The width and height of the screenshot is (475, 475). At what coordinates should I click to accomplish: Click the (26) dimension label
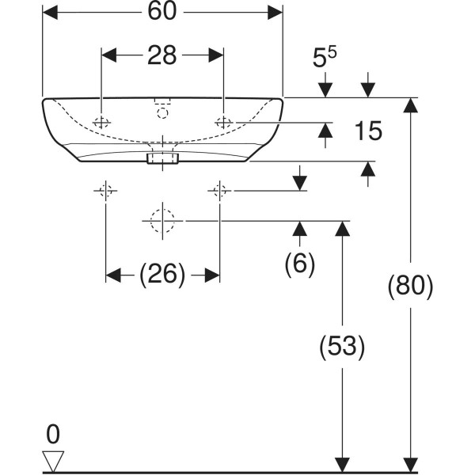[162, 275]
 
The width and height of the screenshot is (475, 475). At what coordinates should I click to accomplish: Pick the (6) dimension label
[300, 264]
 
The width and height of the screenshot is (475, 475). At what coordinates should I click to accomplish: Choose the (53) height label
[342, 346]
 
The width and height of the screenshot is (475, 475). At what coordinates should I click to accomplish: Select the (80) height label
[410, 286]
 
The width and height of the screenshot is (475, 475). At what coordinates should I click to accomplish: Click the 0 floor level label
[53, 434]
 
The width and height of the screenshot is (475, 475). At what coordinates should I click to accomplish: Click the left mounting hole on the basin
[101, 122]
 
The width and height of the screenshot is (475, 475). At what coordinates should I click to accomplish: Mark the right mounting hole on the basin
[223, 122]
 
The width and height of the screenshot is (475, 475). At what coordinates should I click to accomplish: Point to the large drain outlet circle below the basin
[162, 220]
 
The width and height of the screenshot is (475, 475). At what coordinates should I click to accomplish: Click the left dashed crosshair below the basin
[105, 190]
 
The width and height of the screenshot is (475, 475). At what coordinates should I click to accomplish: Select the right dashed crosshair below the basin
[219, 190]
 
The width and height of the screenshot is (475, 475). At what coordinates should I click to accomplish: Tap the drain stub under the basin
[163, 158]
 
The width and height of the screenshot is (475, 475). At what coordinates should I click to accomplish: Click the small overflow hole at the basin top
[163, 113]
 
